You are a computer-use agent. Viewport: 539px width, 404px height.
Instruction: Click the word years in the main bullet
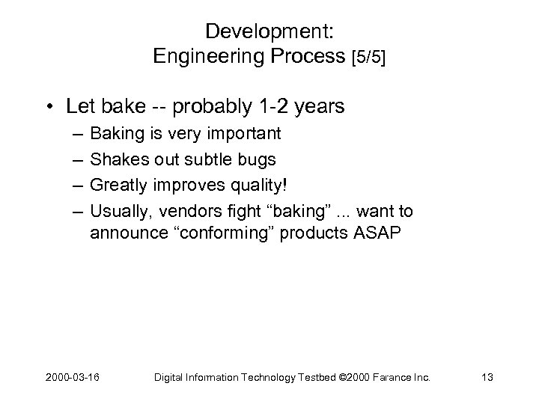coord(320,107)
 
